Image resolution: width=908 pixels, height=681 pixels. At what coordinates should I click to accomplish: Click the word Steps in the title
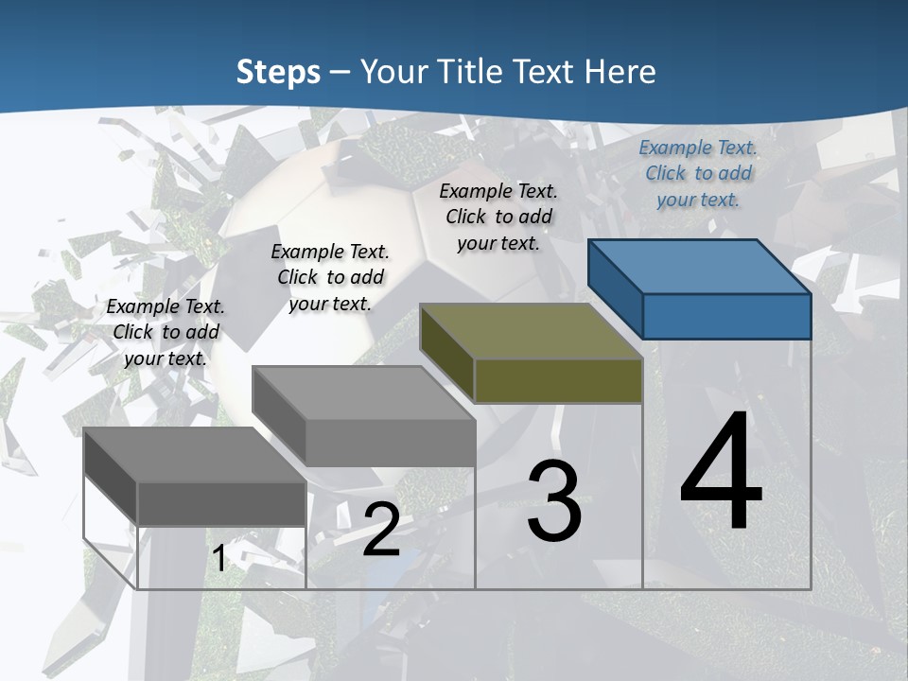pyautogui.click(x=278, y=72)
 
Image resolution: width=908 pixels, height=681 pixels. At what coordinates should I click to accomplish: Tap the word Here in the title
pyautogui.click(x=620, y=72)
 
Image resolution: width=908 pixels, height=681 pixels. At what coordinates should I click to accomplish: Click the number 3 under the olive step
pyautogui.click(x=554, y=500)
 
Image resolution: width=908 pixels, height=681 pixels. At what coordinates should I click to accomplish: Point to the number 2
pyautogui.click(x=381, y=529)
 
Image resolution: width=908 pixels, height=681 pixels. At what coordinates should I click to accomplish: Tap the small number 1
pyautogui.click(x=219, y=558)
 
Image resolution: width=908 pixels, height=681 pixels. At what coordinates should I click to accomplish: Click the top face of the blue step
pyautogui.click(x=700, y=266)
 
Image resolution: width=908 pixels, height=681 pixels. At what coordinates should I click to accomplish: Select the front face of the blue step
pyautogui.click(x=726, y=316)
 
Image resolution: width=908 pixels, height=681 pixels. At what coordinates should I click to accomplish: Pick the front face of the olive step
pyautogui.click(x=558, y=381)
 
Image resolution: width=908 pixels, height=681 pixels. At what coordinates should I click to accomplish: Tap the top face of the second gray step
pyautogui.click(x=363, y=393)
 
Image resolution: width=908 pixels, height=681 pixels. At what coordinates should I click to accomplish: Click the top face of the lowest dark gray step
pyautogui.click(x=195, y=455)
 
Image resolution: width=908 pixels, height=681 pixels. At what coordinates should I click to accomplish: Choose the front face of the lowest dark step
pyautogui.click(x=221, y=504)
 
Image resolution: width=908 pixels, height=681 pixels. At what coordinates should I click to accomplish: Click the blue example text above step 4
pyautogui.click(x=698, y=173)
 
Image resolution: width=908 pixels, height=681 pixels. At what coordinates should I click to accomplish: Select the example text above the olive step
pyautogui.click(x=498, y=217)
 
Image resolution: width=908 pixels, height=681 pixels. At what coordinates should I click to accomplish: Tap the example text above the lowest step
pyautogui.click(x=166, y=332)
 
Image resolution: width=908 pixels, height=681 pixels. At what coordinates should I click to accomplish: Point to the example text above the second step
pyautogui.click(x=330, y=277)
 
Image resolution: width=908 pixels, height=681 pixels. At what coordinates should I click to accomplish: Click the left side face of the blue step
pyautogui.click(x=615, y=288)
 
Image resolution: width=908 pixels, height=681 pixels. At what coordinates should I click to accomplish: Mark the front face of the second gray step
pyautogui.click(x=390, y=443)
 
